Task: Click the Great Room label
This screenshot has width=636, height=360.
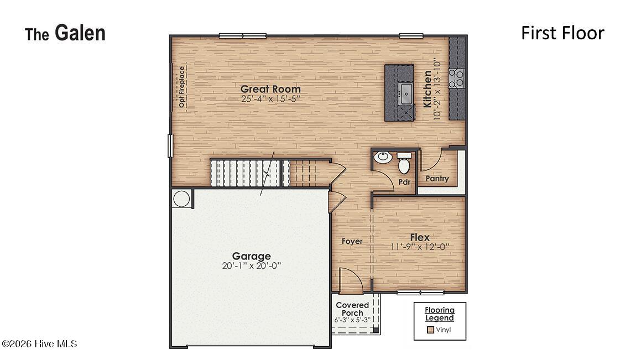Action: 270,89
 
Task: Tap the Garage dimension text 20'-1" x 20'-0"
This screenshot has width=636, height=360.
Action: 252,266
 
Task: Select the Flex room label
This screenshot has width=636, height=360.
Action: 420,237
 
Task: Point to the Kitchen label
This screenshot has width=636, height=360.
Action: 428,89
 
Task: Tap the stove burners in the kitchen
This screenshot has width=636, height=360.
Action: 456,78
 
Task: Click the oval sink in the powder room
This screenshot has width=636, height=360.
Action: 383,158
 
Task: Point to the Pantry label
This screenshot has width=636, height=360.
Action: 437,179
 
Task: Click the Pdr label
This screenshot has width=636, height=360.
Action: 404,181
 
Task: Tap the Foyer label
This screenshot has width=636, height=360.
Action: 352,241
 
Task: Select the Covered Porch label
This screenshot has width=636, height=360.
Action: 352,309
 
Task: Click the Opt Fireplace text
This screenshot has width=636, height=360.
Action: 181,87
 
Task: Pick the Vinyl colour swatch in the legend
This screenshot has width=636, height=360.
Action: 430,330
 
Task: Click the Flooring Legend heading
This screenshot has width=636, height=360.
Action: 439,314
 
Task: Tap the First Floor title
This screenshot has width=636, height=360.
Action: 562,33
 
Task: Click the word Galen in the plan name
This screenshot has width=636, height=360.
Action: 80,33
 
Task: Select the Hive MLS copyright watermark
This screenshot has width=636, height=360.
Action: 39,344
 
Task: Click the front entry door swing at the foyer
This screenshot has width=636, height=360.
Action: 350,280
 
